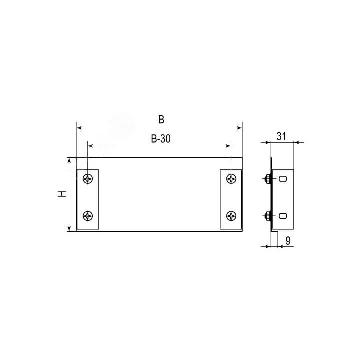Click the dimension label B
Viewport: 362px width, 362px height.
coord(161,120)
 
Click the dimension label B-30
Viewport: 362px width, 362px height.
coord(161,139)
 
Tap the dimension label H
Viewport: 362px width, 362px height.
coord(62,194)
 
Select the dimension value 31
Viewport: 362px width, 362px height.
coord(281,136)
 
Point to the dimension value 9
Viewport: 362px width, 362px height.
coord(288,241)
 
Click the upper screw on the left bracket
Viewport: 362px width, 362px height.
coord(88,179)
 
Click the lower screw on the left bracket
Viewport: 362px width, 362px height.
coord(88,216)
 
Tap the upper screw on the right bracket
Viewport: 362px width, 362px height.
coord(231,179)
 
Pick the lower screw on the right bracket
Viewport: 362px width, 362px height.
coord(231,216)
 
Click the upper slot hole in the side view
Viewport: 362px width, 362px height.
coord(283,179)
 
